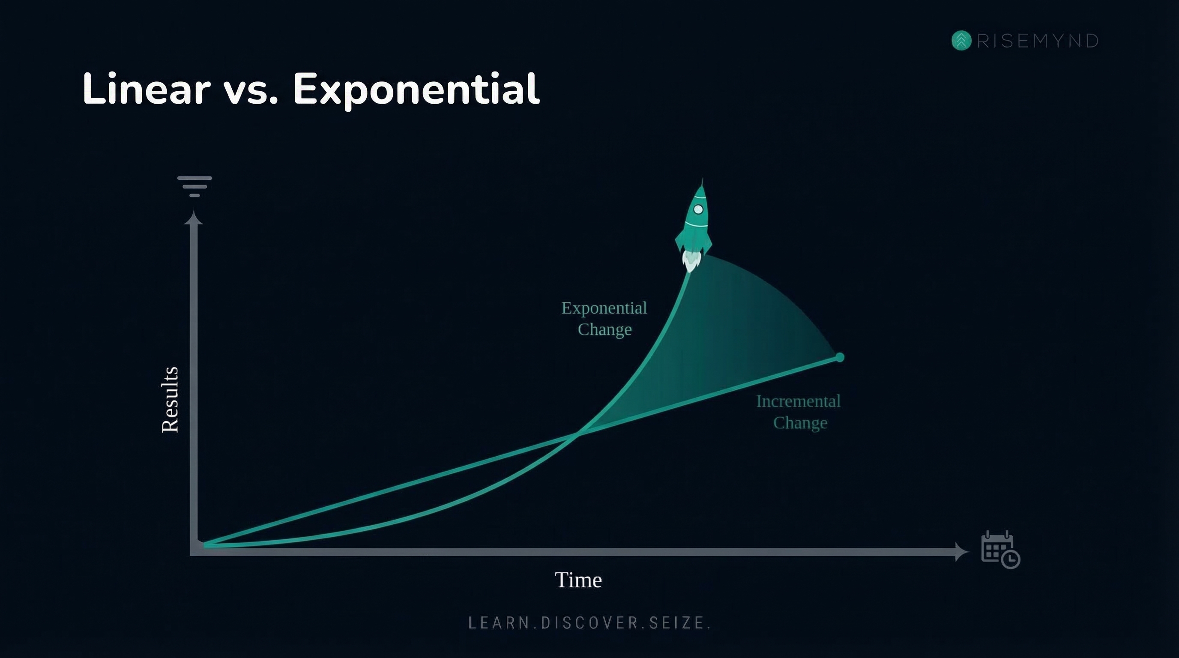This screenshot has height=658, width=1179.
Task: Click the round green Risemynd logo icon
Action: coord(961,41)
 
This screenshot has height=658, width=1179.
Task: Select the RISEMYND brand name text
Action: coord(1038,41)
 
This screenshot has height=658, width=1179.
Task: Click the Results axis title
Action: coord(170,399)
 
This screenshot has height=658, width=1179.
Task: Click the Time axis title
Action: coord(578,580)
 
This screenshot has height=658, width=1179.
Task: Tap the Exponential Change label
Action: coord(604,318)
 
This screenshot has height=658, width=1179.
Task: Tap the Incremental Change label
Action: coord(799,412)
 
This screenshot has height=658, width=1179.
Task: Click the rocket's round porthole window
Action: coord(698,209)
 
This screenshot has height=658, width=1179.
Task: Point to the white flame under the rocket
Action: coord(691,262)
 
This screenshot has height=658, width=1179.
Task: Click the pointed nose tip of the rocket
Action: coord(702,182)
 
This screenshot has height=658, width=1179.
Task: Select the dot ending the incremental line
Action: coord(839,357)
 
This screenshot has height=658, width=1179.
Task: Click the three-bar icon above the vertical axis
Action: coord(195,186)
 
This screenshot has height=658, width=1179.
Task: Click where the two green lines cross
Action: coord(577,434)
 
